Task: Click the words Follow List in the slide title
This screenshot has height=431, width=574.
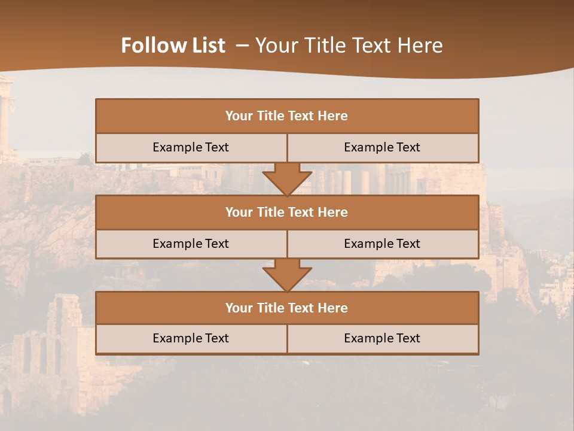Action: (x=173, y=45)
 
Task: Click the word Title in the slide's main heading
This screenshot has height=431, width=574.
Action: (x=323, y=45)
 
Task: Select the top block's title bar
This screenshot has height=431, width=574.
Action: (x=287, y=116)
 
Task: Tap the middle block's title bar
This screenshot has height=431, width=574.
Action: (x=287, y=213)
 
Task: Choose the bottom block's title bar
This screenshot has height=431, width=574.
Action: (x=287, y=308)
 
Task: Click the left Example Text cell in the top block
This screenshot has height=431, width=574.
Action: (x=191, y=148)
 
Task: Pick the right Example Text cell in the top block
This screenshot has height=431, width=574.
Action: (x=382, y=148)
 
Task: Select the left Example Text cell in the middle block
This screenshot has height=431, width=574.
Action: (x=191, y=244)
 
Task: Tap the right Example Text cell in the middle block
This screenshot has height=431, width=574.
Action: (x=382, y=244)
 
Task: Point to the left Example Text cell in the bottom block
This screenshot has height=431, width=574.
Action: (x=191, y=339)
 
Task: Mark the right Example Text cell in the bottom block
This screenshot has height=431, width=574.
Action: (x=382, y=339)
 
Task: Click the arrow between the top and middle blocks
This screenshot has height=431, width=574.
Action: (x=287, y=179)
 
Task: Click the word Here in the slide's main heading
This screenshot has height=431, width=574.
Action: (x=419, y=45)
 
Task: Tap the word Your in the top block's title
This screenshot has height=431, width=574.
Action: (x=239, y=116)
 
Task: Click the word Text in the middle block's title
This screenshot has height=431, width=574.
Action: (x=302, y=213)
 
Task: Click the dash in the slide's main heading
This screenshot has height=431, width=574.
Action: (x=242, y=45)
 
